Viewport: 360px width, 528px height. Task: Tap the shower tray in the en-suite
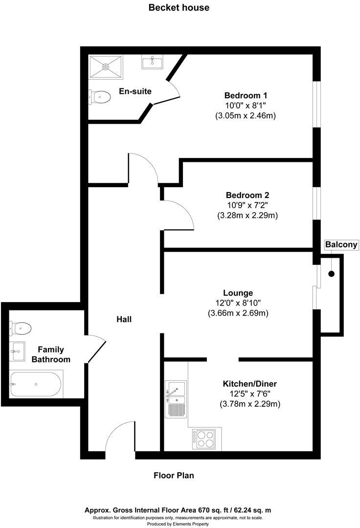tap(106, 67)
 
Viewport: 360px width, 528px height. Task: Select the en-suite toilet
tap(100, 97)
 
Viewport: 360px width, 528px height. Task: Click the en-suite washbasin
tap(153, 62)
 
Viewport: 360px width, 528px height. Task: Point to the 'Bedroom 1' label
tap(246, 95)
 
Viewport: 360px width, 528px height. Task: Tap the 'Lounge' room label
tap(238, 293)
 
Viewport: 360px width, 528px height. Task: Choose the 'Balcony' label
tap(341, 244)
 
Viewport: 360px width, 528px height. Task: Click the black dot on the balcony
tap(332, 274)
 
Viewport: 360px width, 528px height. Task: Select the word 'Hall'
tap(124, 319)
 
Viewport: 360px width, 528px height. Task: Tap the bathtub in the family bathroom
tap(36, 384)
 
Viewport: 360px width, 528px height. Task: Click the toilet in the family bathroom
tap(21, 327)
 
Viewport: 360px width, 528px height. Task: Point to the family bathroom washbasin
tap(18, 351)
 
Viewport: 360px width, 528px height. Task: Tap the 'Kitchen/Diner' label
tap(250, 384)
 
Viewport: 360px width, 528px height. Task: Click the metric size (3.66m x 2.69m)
tap(238, 313)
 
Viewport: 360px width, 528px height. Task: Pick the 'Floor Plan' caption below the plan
tap(174, 475)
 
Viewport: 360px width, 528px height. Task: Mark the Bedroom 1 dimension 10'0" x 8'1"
tap(246, 105)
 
